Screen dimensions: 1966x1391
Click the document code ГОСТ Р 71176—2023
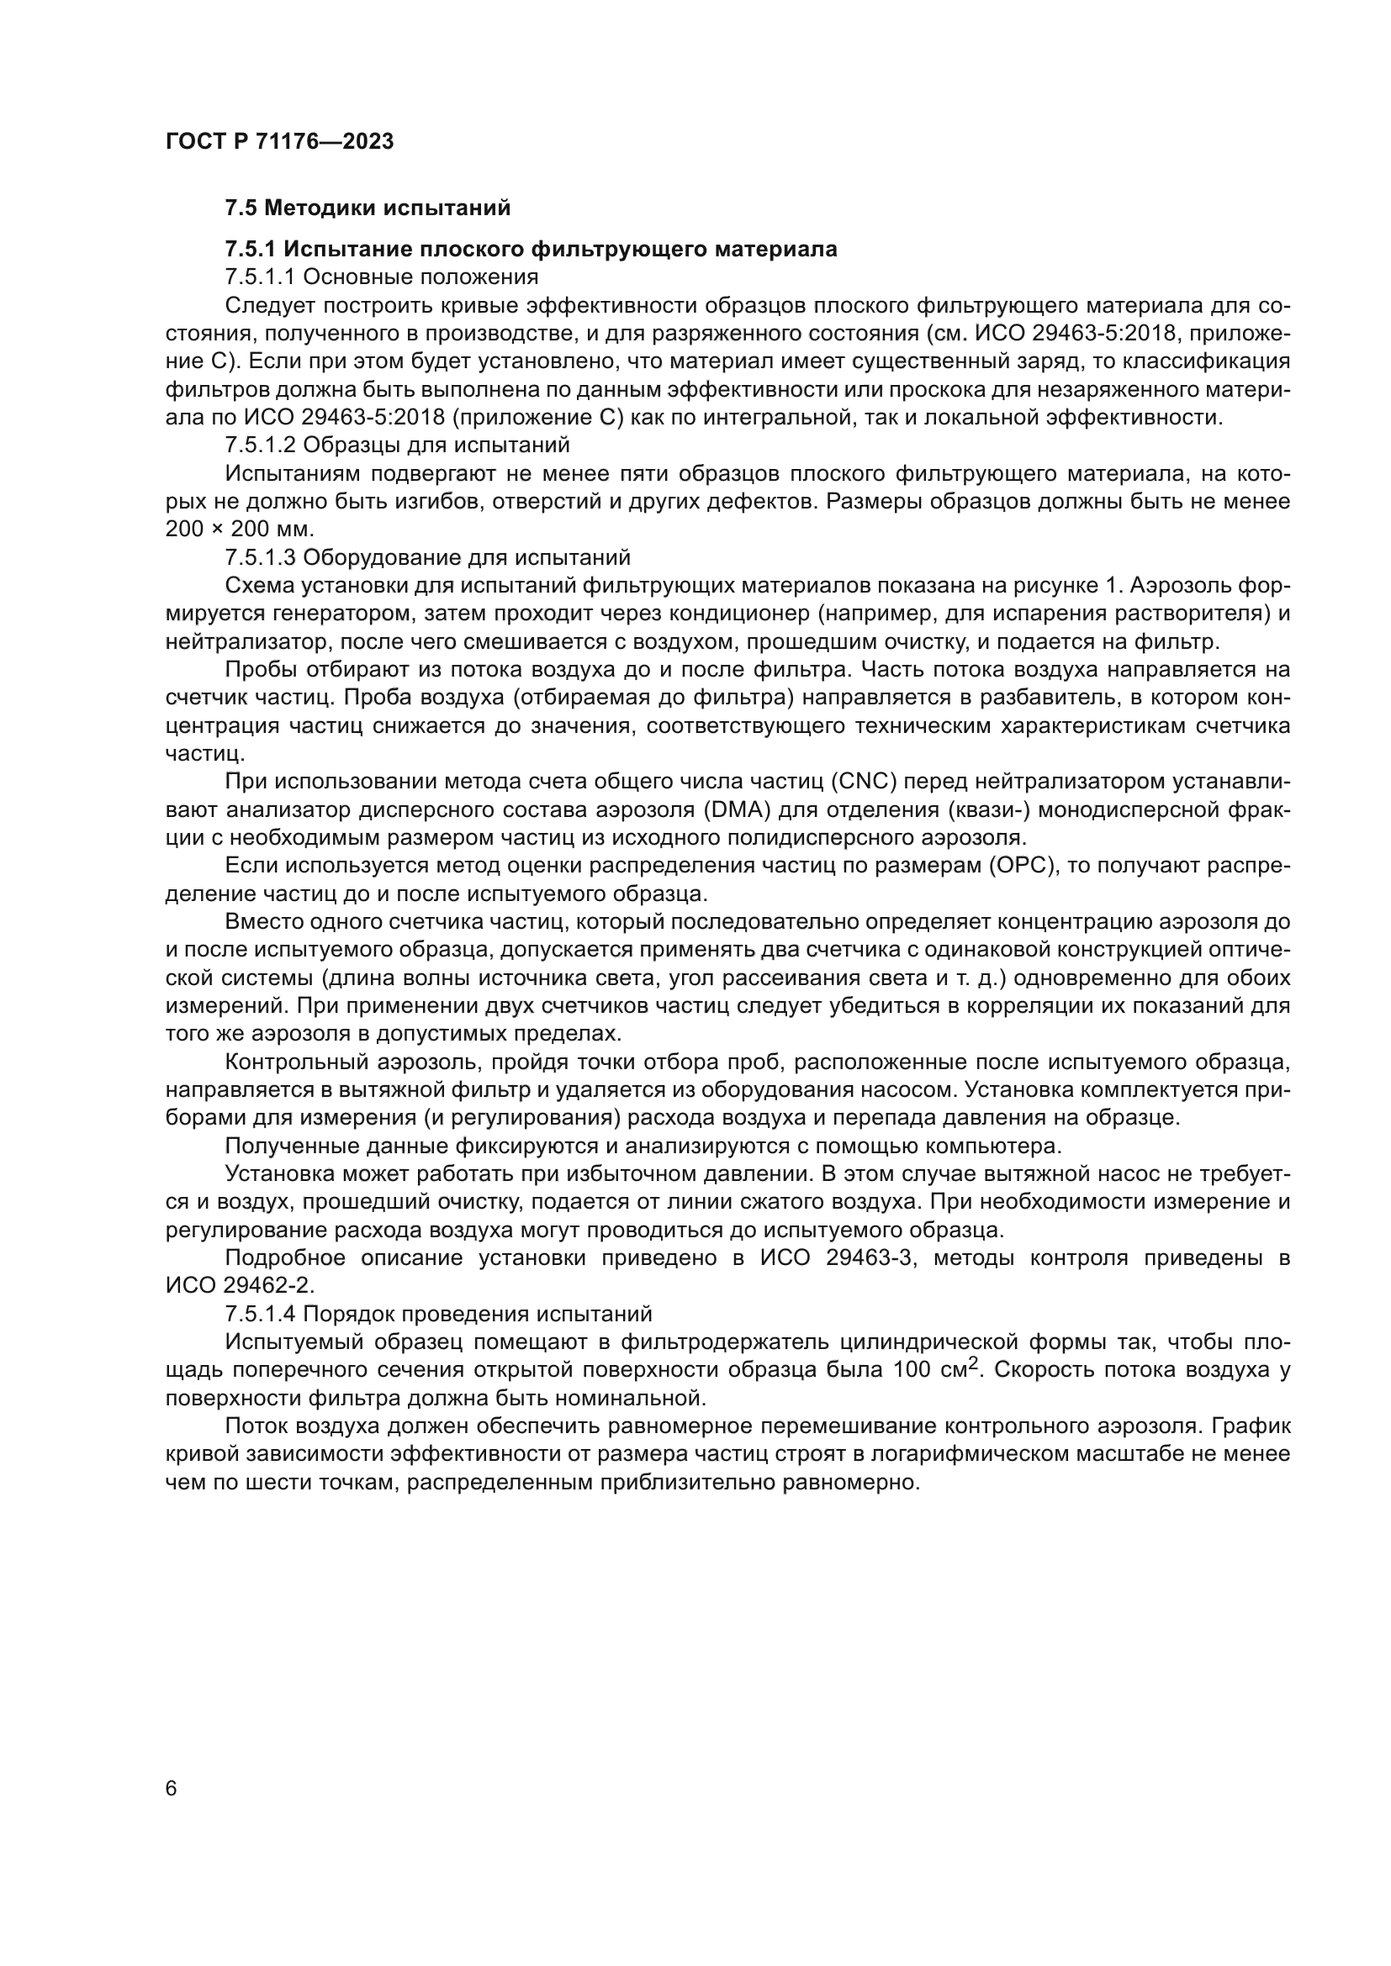coord(279,142)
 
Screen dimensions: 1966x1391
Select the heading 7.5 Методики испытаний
coord(368,208)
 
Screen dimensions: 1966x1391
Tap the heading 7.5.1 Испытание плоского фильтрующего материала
coord(531,249)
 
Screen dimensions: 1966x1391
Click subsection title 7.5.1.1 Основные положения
coord(381,277)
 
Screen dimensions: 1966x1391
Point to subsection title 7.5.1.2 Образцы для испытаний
coord(398,445)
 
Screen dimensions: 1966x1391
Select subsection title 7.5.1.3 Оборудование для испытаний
coord(427,557)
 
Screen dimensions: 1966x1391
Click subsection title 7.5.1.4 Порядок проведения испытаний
coord(438,1315)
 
